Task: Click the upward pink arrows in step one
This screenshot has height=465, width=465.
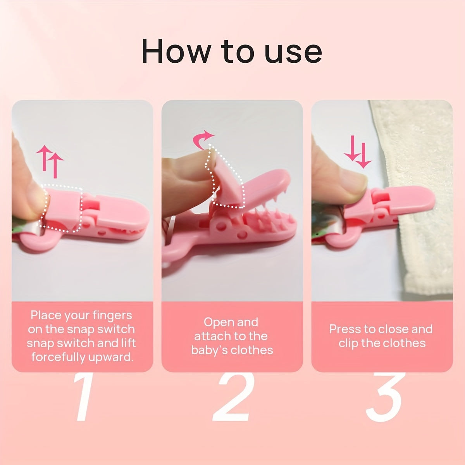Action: pos(50,161)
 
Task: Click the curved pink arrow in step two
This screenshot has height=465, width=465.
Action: pos(203,139)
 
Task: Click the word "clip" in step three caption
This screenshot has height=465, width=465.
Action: pos(348,343)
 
